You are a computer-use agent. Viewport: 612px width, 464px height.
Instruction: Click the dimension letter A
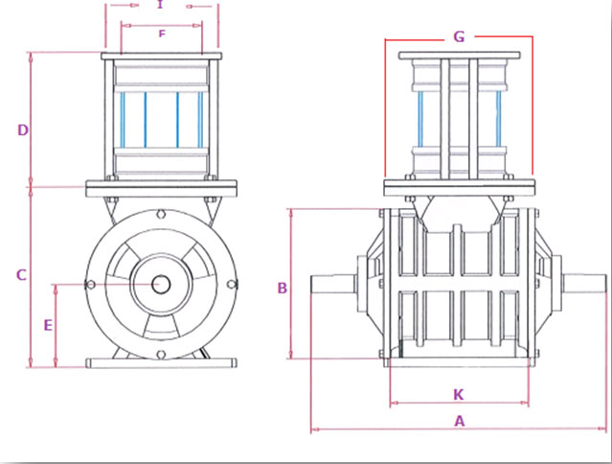[459, 420]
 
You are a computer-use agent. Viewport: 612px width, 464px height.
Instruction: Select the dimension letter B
[283, 288]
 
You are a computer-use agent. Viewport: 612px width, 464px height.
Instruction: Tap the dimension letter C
[21, 275]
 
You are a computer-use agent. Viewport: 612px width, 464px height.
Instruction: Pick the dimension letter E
[47, 325]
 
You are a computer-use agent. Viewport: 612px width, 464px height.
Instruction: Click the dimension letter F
[162, 35]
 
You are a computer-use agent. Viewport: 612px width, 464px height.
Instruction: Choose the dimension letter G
[459, 36]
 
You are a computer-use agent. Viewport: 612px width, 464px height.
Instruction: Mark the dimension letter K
[458, 394]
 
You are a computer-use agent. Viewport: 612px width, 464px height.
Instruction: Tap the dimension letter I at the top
[160, 5]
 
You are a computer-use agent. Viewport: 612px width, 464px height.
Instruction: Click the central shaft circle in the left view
[161, 285]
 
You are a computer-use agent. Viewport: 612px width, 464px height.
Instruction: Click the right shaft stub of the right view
[583, 284]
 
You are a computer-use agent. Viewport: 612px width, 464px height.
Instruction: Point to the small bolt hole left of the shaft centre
[90, 285]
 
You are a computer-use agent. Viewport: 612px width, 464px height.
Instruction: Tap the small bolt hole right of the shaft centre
[231, 285]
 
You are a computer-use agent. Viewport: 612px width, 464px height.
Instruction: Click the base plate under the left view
[161, 362]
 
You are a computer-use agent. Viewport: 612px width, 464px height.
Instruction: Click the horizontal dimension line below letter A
[459, 430]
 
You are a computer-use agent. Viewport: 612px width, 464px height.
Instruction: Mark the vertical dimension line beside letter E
[57, 326]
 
